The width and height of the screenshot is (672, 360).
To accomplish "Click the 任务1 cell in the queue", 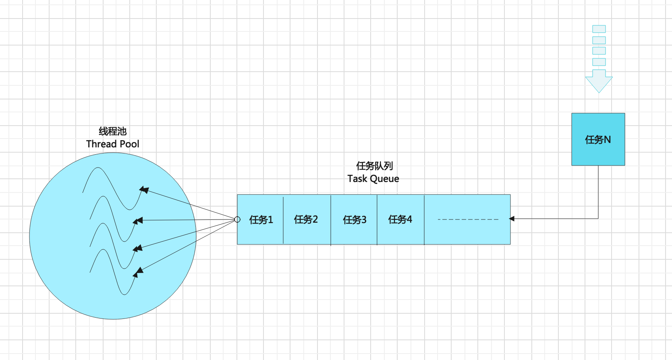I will point(261,219).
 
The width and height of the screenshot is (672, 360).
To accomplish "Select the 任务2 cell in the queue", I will point(306,219).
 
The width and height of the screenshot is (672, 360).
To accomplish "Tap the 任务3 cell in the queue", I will point(355,219).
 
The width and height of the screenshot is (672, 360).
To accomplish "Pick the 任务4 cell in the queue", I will point(400,219).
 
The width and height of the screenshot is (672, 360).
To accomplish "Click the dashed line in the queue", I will point(468,219).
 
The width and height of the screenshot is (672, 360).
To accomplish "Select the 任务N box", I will point(598,139).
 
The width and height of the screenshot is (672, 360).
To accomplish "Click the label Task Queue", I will point(373,179).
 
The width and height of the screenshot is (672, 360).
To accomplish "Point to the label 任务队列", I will point(374,166).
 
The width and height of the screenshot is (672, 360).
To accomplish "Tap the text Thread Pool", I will point(112,144).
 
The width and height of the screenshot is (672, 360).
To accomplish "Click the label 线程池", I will point(112,131).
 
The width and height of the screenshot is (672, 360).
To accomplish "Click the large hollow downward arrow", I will point(599,81).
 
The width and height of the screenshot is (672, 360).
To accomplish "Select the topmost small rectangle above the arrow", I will point(599,29).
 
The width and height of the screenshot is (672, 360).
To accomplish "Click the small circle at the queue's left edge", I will point(237,219).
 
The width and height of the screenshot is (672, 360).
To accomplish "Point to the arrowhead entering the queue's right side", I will point(512,219).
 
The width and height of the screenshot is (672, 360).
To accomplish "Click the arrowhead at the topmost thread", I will point(144,190).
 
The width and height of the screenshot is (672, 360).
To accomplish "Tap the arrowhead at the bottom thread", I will point(138,272).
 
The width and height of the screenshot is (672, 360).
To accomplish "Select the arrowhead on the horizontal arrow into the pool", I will point(138,221).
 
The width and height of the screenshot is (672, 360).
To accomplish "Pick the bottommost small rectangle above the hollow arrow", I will point(599,62).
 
